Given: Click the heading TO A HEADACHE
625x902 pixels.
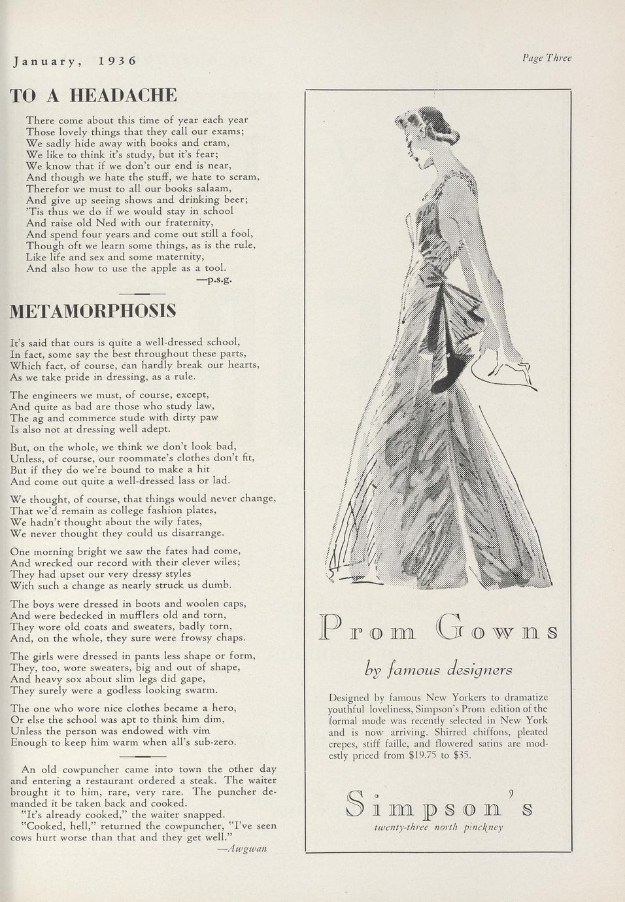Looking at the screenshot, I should click(93, 96).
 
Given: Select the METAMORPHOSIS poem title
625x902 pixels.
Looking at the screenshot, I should click(93, 311).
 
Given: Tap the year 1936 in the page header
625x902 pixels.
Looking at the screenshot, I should click(117, 61).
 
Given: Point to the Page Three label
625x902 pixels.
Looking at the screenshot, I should click(547, 58).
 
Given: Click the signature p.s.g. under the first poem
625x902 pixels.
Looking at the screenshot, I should click(214, 279).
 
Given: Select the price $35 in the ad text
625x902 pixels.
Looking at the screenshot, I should click(462, 755).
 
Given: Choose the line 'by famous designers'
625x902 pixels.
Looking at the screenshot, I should click(438, 670).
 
